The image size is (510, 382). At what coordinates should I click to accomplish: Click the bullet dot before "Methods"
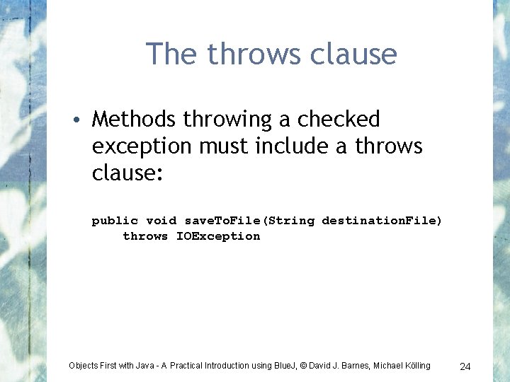pos(83,120)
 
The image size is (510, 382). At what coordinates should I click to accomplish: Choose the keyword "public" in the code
pos(115,221)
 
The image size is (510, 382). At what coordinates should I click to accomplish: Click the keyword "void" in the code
pos(161,221)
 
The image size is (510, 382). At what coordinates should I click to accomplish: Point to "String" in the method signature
pos(292,221)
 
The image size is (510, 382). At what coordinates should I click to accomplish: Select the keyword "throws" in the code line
pos(145,236)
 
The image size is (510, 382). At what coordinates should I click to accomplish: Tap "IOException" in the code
pos(218,236)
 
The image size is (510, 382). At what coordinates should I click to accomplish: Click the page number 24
pos(465,366)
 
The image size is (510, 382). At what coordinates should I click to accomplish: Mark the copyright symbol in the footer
pos(302,366)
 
